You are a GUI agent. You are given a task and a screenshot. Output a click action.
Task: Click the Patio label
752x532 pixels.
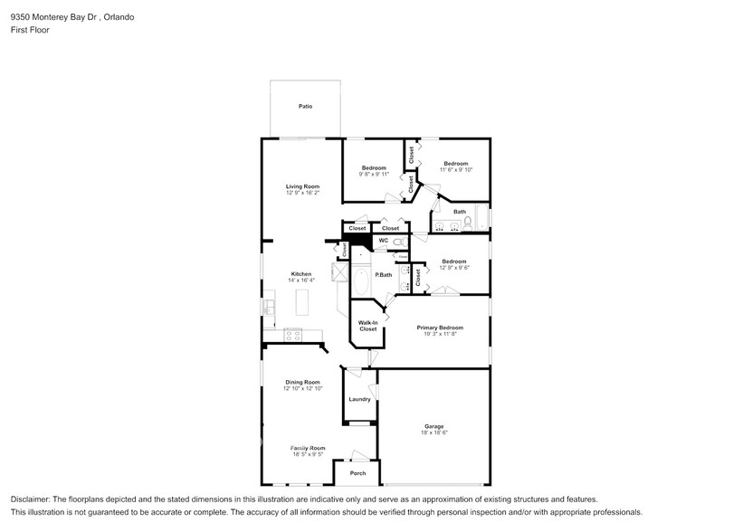coord(306,107)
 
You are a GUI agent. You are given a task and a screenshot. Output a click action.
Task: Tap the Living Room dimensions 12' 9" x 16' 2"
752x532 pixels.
coord(302,193)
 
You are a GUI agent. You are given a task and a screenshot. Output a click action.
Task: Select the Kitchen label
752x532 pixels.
coord(301,274)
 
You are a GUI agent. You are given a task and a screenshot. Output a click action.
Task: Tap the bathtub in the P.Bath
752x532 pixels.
coord(360,282)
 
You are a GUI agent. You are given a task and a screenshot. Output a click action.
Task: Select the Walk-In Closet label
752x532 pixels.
coord(367,326)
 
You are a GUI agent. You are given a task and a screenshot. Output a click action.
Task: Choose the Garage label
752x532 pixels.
coord(434,426)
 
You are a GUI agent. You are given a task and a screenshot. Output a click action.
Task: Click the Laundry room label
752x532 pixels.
coord(359,399)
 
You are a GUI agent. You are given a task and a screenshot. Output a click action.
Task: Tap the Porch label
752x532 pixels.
coord(357,473)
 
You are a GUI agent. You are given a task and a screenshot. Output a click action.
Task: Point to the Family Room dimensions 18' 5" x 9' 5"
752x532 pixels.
coord(307,455)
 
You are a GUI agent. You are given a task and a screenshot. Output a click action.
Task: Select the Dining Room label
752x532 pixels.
coord(301,382)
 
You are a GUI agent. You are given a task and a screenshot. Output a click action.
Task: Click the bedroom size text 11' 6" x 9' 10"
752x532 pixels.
coord(456,170)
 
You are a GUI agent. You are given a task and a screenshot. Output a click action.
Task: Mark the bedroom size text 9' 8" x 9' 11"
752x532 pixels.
coord(374,175)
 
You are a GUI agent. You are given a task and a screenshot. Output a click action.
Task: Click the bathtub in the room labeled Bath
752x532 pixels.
coord(481,219)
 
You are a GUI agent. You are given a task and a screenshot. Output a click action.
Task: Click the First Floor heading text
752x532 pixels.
coord(30,30)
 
